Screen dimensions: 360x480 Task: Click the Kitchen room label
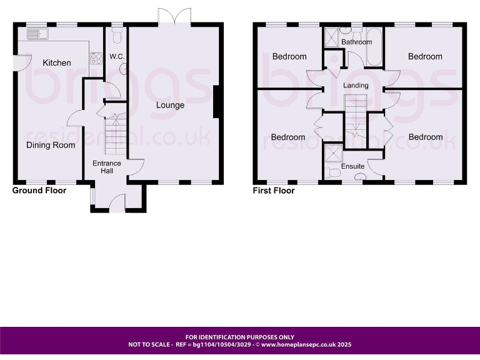click(57, 62)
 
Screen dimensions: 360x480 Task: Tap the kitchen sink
click(37, 33)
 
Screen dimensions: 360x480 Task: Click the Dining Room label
click(51, 145)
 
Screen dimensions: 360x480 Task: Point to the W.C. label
click(117, 57)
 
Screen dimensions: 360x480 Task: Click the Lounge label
click(170, 105)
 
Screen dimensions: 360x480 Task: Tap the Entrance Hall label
click(106, 167)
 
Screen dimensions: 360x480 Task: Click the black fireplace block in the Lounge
click(216, 102)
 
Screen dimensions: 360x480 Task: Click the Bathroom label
click(356, 42)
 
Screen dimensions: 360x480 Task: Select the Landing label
click(356, 86)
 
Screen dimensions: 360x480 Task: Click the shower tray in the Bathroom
click(331, 37)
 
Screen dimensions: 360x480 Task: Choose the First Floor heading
click(274, 191)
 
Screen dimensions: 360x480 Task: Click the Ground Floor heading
click(39, 190)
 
